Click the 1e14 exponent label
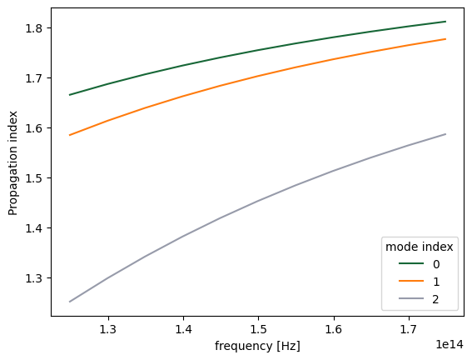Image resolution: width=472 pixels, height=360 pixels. point(450,342)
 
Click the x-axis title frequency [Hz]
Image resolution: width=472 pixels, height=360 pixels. point(257,346)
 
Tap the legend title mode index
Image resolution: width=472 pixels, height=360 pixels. point(418,246)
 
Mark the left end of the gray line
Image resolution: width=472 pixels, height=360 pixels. point(70,302)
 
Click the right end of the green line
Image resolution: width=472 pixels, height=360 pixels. point(446,22)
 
